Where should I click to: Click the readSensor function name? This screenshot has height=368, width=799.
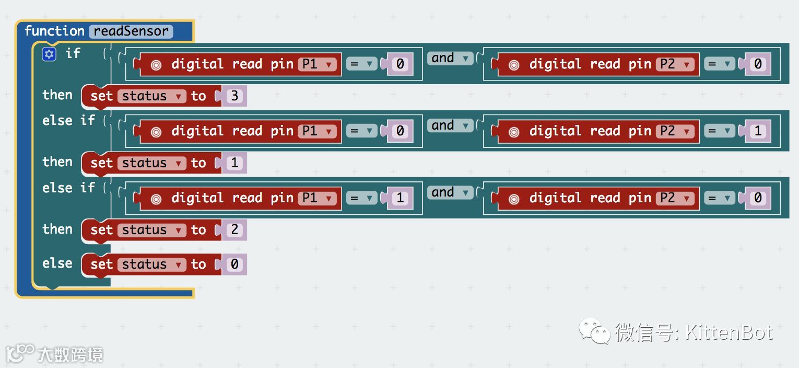(131, 31)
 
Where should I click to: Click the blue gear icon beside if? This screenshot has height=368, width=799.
(49, 54)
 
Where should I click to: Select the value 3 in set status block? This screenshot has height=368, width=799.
(234, 96)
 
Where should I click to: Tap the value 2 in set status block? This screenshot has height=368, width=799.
(234, 230)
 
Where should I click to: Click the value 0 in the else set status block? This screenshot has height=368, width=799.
(234, 264)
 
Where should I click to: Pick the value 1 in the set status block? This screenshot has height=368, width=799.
(234, 163)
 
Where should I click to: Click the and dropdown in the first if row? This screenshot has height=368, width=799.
(450, 58)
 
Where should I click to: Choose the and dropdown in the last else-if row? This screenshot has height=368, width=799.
(450, 192)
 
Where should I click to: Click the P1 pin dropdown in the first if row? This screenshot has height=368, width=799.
(317, 64)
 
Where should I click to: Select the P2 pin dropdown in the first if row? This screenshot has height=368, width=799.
(675, 64)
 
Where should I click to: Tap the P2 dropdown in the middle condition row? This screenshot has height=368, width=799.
(675, 131)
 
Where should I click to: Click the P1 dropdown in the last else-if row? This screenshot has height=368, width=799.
(317, 198)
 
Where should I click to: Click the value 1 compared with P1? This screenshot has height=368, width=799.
(401, 198)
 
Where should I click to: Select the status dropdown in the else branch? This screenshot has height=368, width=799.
(151, 264)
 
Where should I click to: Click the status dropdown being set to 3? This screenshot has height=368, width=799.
(151, 96)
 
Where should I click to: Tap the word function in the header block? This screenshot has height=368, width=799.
(54, 31)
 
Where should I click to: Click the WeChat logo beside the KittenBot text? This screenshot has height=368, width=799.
(594, 331)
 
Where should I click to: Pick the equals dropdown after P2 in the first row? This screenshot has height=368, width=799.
(719, 64)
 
